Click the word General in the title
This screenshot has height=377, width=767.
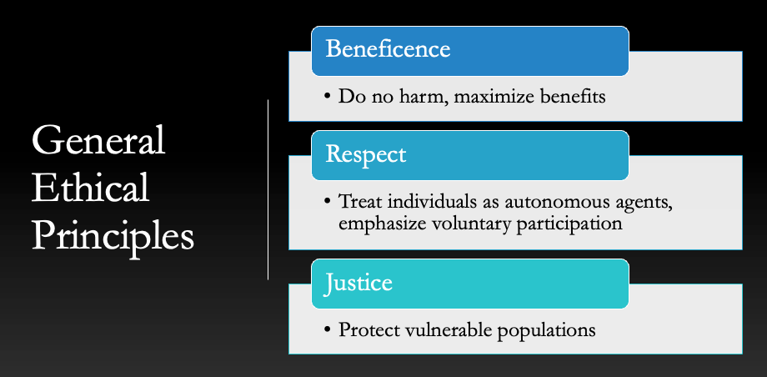click(x=98, y=140)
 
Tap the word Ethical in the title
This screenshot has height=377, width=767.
click(x=91, y=187)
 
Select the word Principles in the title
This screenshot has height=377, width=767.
click(x=113, y=237)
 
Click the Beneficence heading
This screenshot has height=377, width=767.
click(x=388, y=49)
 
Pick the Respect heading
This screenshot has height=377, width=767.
click(x=365, y=154)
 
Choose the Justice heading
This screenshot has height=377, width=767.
click(x=358, y=284)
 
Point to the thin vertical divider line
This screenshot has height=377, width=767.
click(x=268, y=189)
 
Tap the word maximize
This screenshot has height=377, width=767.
click(x=494, y=98)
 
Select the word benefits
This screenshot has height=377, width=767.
click(x=573, y=97)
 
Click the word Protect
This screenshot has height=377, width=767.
click(x=369, y=329)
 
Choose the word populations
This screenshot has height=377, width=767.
click(x=546, y=330)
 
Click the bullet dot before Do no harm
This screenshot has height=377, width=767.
click(x=328, y=97)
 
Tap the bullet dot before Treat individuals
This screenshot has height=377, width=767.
click(x=328, y=202)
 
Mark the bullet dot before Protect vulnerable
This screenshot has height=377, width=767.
click(x=328, y=330)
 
